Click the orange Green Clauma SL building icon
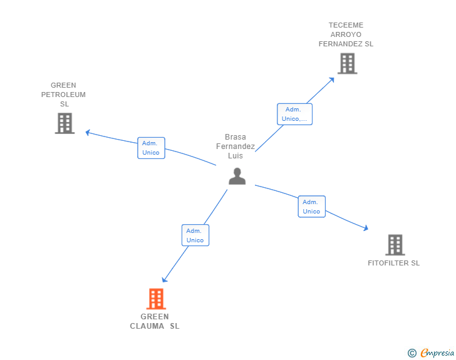click(156, 299)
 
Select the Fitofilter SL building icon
click(395, 245)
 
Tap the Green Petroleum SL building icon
click(65, 123)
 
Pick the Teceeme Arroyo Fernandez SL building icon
click(347, 63)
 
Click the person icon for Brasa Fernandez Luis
click(237, 177)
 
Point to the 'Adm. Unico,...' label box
click(294, 114)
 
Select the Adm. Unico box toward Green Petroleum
click(151, 148)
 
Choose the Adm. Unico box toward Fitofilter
click(311, 207)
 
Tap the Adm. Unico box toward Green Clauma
click(195, 235)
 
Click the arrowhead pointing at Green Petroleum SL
click(88, 132)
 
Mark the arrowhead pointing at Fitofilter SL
click(365, 229)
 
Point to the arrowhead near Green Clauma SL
click(165, 280)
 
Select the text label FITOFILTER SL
click(393, 263)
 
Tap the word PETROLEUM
click(63, 95)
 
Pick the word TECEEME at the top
click(346, 26)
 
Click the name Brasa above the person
click(236, 137)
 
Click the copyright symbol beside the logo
click(412, 353)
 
